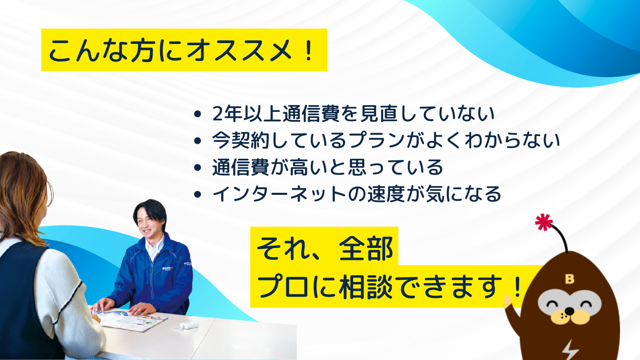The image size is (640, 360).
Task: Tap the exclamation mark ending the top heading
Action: pos(308,50)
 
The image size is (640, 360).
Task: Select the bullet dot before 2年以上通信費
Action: pos(198,114)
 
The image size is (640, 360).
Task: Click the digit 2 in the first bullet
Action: pos(218,114)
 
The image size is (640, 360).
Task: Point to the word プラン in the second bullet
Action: pos(378,140)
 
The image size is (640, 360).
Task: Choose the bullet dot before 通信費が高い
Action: pos(198,168)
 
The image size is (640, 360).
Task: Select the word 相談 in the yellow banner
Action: pos(366,287)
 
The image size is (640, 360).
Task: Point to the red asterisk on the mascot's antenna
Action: pos(544,222)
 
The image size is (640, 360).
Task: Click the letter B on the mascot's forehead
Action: pos(570,279)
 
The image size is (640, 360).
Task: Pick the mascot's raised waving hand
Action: pos(508,302)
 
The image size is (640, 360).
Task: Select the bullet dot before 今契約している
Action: pos(198,141)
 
